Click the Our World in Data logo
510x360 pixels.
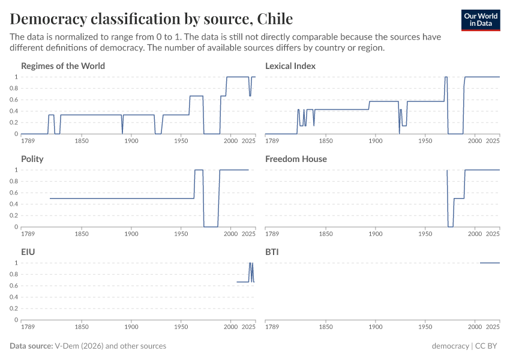(x=481, y=20)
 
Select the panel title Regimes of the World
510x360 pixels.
(x=63, y=66)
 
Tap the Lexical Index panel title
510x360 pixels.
(x=290, y=66)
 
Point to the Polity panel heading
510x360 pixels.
(x=32, y=159)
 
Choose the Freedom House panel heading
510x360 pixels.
(x=296, y=159)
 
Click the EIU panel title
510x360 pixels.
(x=28, y=252)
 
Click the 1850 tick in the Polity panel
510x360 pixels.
(x=82, y=235)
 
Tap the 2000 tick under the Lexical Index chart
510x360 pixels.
(x=475, y=142)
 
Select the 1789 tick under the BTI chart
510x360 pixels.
(x=272, y=328)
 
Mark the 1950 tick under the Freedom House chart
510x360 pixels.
(x=425, y=235)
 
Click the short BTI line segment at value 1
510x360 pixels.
(x=490, y=263)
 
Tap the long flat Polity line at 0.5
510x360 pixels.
(x=120, y=199)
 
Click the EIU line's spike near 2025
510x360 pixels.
(x=250, y=264)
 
